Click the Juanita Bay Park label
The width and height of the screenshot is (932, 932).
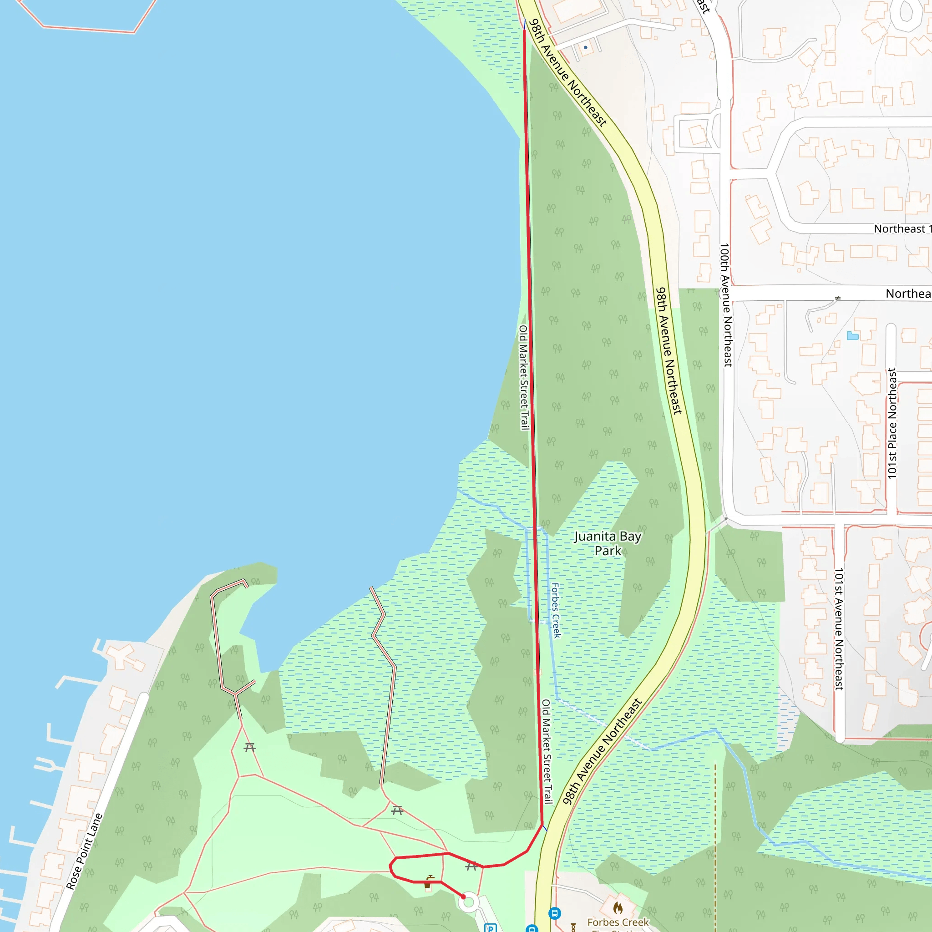tap(608, 543)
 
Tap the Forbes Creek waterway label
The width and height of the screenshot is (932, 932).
tap(556, 610)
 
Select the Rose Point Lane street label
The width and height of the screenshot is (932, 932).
tap(85, 851)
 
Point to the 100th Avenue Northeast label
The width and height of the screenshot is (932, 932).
tap(725, 305)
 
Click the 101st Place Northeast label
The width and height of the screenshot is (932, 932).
tap(892, 423)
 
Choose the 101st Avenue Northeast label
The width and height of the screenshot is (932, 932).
tap(839, 628)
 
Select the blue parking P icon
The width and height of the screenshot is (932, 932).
tap(490, 927)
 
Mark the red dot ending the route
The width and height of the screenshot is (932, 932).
tap(464, 897)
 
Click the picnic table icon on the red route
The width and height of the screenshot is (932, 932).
tap(471, 867)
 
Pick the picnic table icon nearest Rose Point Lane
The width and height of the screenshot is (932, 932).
tap(249, 748)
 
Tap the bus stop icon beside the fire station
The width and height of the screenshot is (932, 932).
tap(555, 913)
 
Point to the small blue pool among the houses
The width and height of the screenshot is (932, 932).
tap(852, 336)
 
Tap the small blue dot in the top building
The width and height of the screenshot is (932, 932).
tap(586, 47)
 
